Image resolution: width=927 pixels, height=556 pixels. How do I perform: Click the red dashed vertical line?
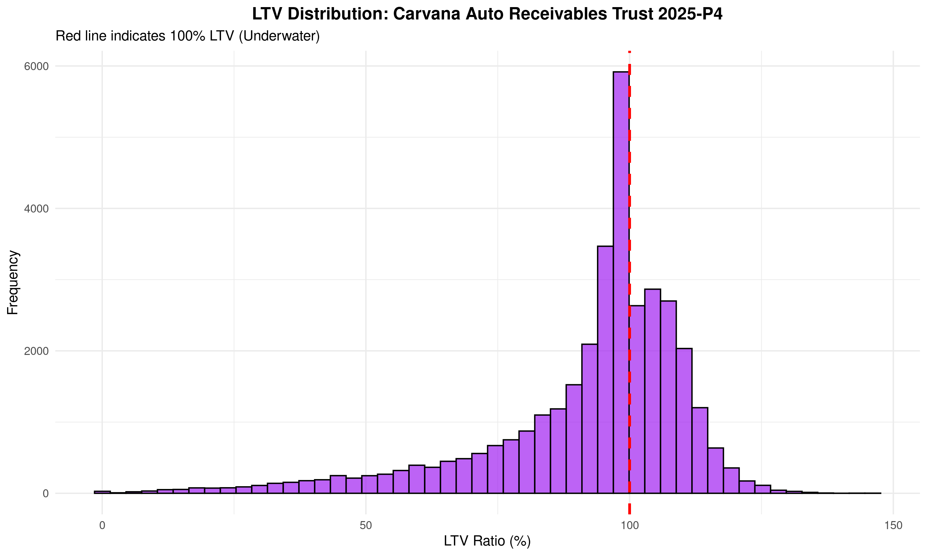tap(629, 169)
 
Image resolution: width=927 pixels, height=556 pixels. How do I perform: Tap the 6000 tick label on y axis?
tap(36, 66)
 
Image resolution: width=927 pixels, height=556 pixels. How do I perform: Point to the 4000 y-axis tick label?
tap(36, 209)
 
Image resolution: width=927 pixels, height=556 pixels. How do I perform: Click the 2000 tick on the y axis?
tap(36, 351)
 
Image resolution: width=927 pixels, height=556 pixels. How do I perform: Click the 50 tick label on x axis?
tap(366, 526)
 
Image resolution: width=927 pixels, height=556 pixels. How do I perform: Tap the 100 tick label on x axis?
tap(629, 526)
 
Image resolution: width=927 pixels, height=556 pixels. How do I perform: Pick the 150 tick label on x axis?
tap(893, 526)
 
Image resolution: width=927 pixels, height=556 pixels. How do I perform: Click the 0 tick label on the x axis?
tap(102, 526)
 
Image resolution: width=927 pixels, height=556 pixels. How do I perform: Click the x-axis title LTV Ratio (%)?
tap(487, 541)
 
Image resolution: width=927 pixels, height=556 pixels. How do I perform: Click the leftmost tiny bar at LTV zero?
tap(102, 492)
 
